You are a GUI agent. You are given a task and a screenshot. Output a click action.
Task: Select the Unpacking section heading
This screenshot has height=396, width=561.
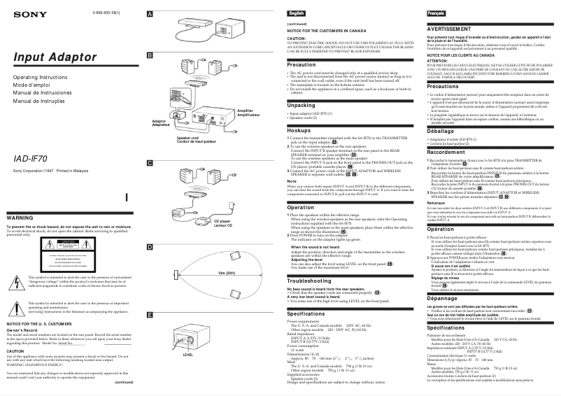pos(301,104)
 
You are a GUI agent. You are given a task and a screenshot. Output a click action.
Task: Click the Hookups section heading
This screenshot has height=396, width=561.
pos(299,130)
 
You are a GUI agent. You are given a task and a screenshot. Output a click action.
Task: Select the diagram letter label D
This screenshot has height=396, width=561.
pos(149,247)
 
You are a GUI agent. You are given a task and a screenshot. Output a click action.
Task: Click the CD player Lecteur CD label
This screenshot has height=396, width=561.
pos(201,222)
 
